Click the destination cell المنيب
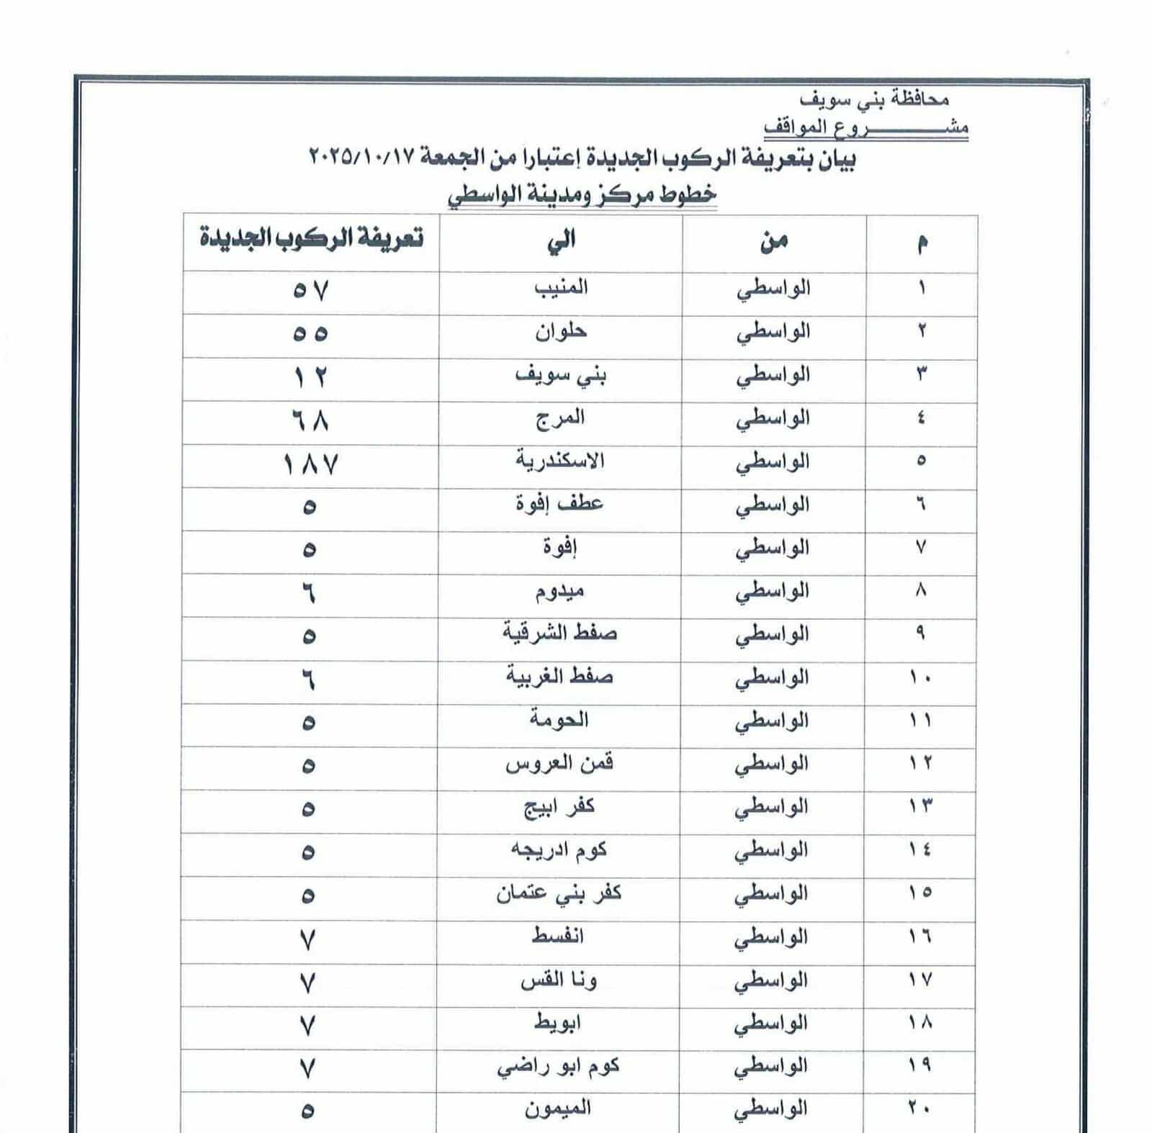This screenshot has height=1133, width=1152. click(561, 288)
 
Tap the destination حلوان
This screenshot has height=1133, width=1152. click(561, 332)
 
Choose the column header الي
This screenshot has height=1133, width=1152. click(561, 240)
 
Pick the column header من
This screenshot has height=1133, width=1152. click(774, 241)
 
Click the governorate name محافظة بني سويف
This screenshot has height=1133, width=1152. click(874, 99)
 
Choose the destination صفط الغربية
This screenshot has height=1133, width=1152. click(559, 677)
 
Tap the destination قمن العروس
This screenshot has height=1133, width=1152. click(559, 764)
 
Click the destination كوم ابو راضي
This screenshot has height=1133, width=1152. click(558, 1067)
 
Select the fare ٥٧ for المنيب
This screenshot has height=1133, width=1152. click(310, 292)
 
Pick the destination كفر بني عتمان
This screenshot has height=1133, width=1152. click(558, 894)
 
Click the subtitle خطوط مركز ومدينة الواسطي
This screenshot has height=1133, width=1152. click(582, 195)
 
